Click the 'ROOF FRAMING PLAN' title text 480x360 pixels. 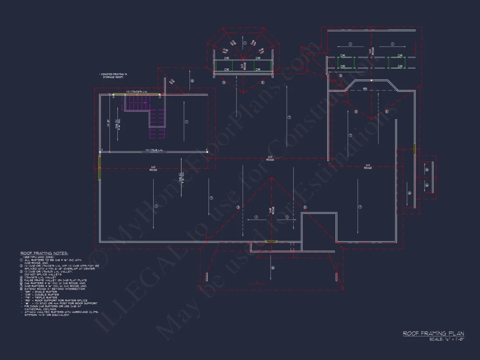click(433, 333)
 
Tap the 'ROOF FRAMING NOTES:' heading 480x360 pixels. click(42, 253)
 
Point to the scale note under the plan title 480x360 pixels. click(446, 339)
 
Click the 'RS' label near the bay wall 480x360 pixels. click(365, 89)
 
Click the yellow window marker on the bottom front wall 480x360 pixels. click(271, 241)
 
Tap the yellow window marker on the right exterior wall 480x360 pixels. click(414, 149)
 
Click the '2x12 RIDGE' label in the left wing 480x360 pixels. click(153, 168)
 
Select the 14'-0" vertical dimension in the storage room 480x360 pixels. click(107, 123)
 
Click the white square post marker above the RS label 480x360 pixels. click(370, 81)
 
